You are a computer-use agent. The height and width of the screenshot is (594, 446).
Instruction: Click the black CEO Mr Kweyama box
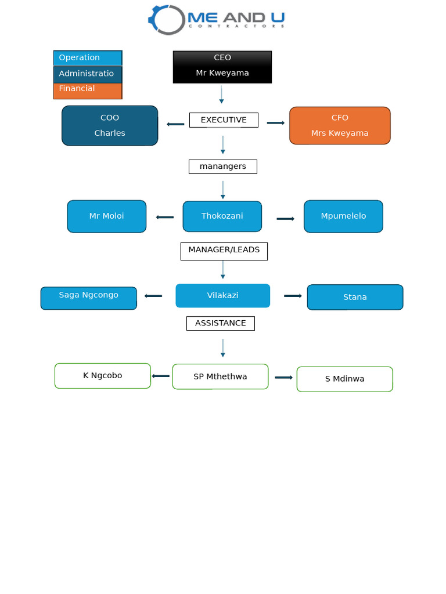222,67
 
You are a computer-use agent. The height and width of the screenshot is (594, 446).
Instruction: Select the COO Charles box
110,125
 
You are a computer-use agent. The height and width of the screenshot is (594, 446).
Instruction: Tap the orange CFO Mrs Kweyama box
340,125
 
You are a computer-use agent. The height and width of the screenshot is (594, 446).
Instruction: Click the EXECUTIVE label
224,120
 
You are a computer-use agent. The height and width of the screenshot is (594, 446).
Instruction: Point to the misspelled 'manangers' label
222,166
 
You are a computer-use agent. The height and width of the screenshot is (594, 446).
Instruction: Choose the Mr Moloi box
106,216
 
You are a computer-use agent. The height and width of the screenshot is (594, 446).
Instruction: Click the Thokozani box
222,216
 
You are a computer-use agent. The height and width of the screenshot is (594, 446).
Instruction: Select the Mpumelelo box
343,216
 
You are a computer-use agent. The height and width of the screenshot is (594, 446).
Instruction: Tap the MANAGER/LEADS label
224,251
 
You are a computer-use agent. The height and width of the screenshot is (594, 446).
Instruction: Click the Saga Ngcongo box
88,298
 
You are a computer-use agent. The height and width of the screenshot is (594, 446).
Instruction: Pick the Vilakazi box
222,296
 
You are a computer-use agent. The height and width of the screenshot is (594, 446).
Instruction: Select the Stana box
355,297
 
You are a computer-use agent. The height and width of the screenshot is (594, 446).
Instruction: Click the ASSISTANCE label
220,323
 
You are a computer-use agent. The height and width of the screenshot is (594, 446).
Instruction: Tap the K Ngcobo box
102,376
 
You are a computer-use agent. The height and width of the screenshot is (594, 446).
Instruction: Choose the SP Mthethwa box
220,376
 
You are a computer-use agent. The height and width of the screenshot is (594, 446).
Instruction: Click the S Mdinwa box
344,379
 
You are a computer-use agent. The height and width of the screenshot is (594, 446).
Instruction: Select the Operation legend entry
88,58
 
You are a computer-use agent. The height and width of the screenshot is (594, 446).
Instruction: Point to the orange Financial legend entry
88,90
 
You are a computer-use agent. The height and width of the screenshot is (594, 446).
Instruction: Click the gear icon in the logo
167,20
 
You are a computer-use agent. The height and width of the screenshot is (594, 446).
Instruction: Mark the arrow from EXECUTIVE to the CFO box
275,123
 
